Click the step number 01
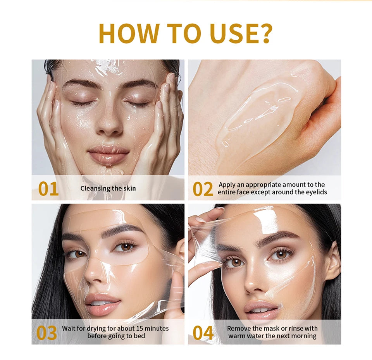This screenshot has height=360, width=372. (x=48, y=189)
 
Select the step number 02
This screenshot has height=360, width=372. (x=203, y=189)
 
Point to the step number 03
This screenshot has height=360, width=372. (x=46, y=333)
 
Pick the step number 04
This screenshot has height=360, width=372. (x=203, y=333)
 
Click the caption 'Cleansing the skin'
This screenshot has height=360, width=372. (x=108, y=189)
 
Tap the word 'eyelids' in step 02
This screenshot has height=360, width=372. (x=316, y=192)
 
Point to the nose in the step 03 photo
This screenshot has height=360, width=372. (x=94, y=276)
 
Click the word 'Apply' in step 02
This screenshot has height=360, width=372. (x=227, y=185)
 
